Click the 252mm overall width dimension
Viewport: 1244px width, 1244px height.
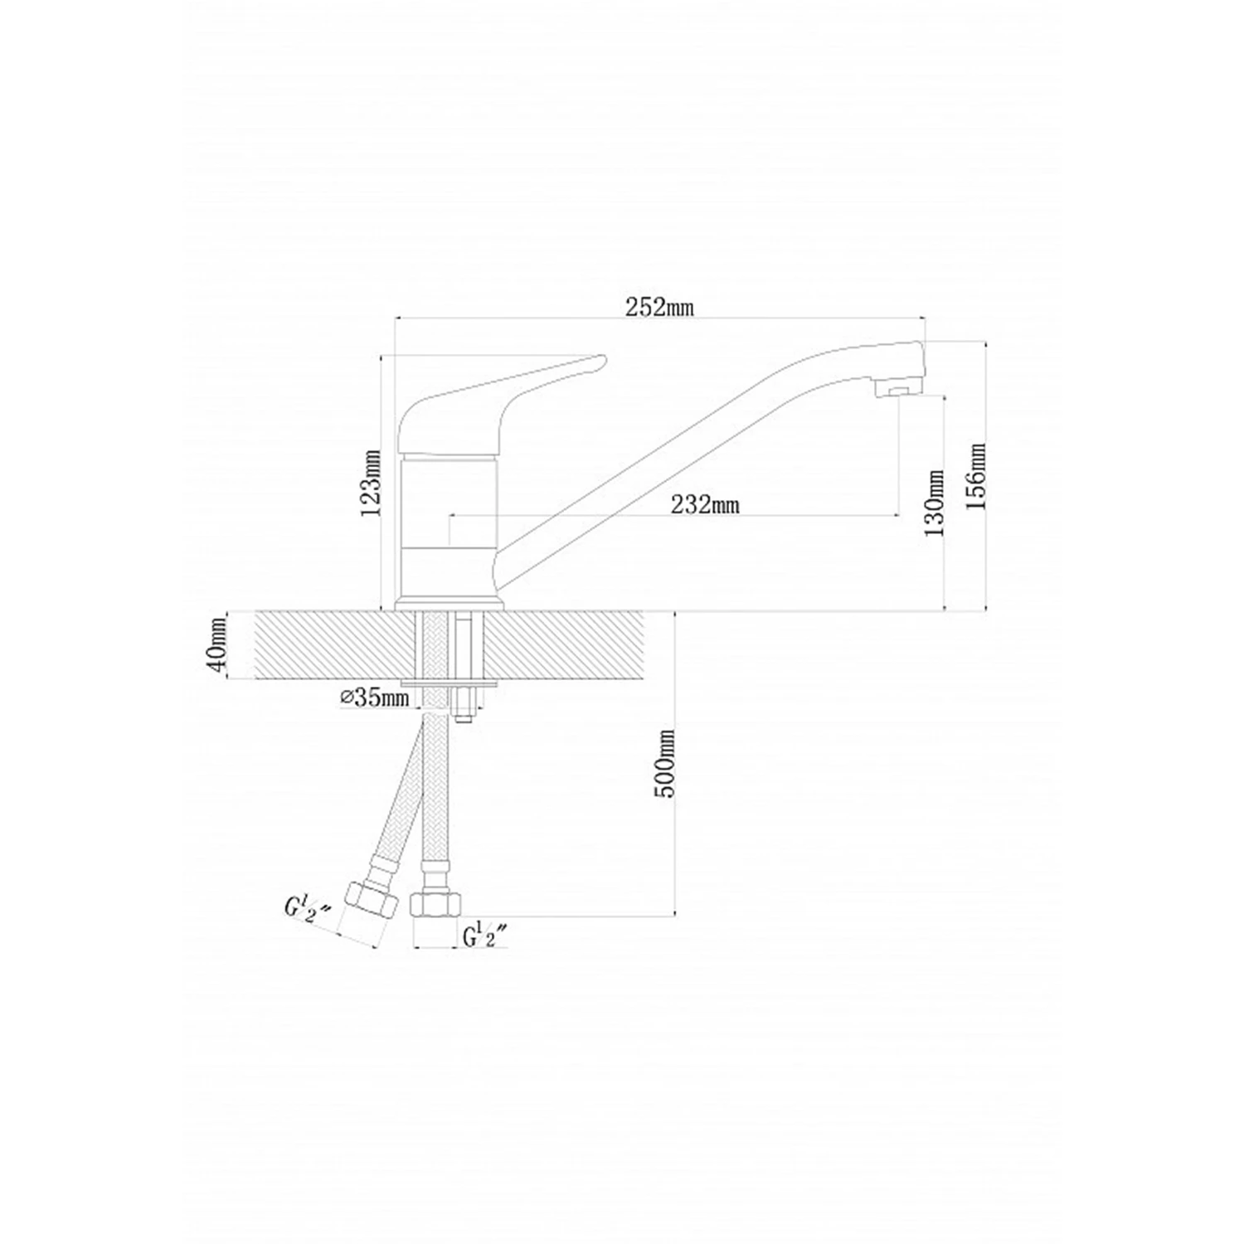coord(659,307)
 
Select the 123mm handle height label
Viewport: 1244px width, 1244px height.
coord(372,483)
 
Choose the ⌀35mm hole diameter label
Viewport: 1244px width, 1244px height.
coord(375,697)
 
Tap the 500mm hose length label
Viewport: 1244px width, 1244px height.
coord(666,764)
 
